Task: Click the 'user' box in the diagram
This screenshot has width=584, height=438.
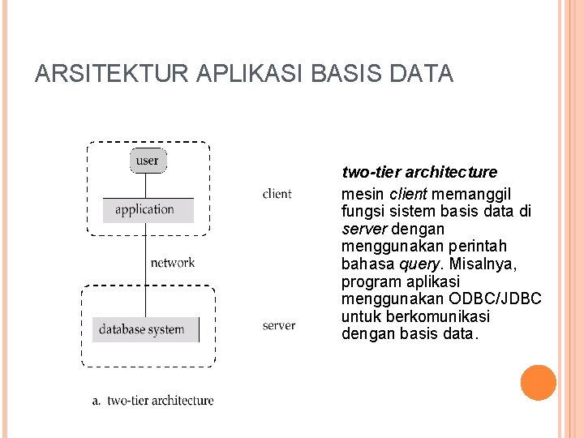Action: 148,160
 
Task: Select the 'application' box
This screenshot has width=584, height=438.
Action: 148,209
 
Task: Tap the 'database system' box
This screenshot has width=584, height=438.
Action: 144,329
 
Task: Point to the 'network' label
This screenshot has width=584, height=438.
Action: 173,262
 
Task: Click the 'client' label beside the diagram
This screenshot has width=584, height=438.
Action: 277,193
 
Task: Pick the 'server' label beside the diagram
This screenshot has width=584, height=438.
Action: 278,325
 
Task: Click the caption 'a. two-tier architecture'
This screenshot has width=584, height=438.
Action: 152,400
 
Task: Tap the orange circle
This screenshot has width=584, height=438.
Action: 539,383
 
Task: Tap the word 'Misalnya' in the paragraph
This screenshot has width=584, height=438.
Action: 488,264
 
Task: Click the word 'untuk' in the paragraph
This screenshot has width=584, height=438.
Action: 359,316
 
